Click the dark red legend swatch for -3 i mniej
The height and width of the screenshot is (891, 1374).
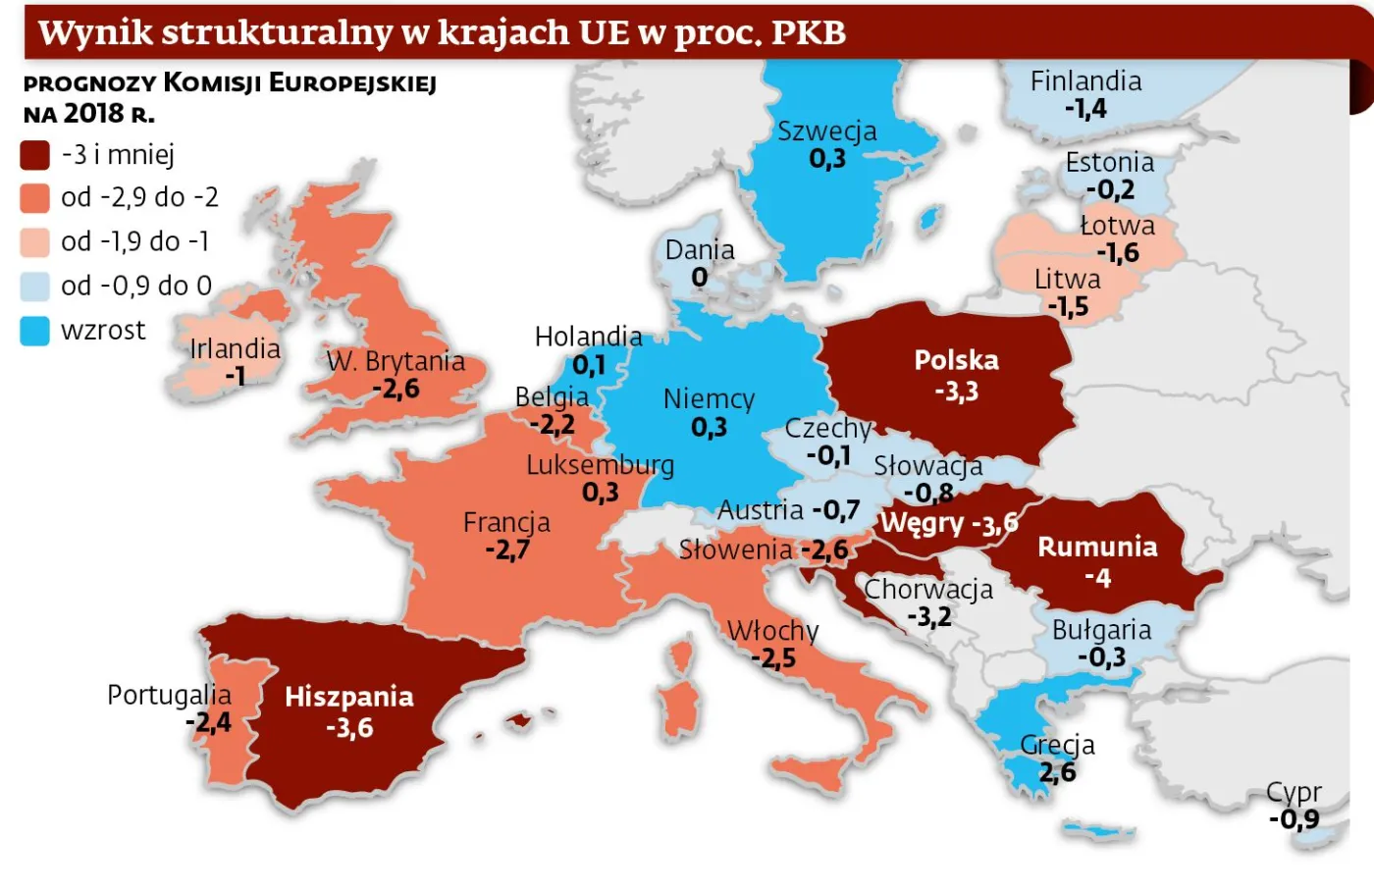(34, 155)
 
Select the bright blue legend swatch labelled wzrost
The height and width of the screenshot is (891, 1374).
(34, 331)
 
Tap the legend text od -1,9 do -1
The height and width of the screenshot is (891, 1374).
(134, 241)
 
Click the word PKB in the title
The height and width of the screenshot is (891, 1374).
(808, 32)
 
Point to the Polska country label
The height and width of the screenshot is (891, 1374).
(956, 360)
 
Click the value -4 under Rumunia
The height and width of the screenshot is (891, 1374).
(1097, 578)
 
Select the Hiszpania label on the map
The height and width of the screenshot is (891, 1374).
(348, 697)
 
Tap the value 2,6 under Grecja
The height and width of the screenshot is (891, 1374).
(1057, 772)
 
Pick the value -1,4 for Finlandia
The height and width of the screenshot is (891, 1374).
(1085, 108)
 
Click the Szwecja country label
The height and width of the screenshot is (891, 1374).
(826, 131)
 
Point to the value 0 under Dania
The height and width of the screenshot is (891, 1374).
(699, 278)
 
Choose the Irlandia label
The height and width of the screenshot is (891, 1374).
(235, 348)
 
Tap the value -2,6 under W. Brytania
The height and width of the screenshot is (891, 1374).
(396, 389)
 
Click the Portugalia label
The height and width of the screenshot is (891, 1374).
(169, 695)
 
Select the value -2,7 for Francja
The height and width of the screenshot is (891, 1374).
(506, 550)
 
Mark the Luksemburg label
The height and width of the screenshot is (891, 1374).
(600, 464)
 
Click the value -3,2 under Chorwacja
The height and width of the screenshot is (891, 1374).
(928, 616)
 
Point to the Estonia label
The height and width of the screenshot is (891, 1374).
(1109, 162)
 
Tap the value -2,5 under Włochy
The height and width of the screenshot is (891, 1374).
(772, 657)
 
